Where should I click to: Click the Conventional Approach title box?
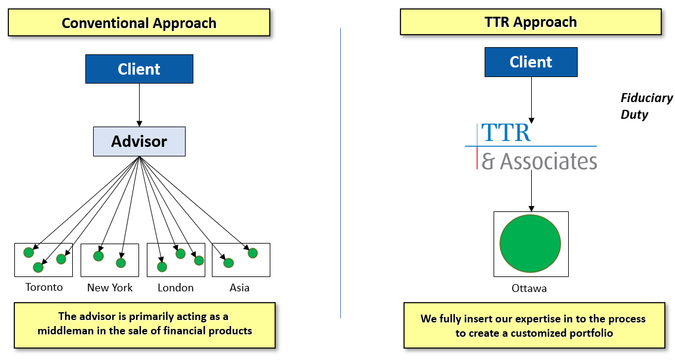tap(139, 23)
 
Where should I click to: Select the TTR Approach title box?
tap(531, 22)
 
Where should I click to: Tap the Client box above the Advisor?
tap(139, 69)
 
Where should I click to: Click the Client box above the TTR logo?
tap(531, 62)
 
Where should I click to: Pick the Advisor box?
tap(139, 141)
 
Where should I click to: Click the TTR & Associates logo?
tap(531, 146)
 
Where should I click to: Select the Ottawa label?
tap(529, 288)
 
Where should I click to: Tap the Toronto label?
tap(44, 287)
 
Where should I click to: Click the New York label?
tap(110, 288)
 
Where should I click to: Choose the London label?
tap(175, 288)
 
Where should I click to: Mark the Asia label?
tap(239, 288)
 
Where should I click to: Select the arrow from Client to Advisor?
tap(139, 104)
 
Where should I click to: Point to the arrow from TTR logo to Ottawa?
tap(531, 191)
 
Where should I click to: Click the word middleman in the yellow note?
tap(67, 331)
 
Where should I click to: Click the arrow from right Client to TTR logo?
tap(531, 99)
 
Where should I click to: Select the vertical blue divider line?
tap(340, 173)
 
